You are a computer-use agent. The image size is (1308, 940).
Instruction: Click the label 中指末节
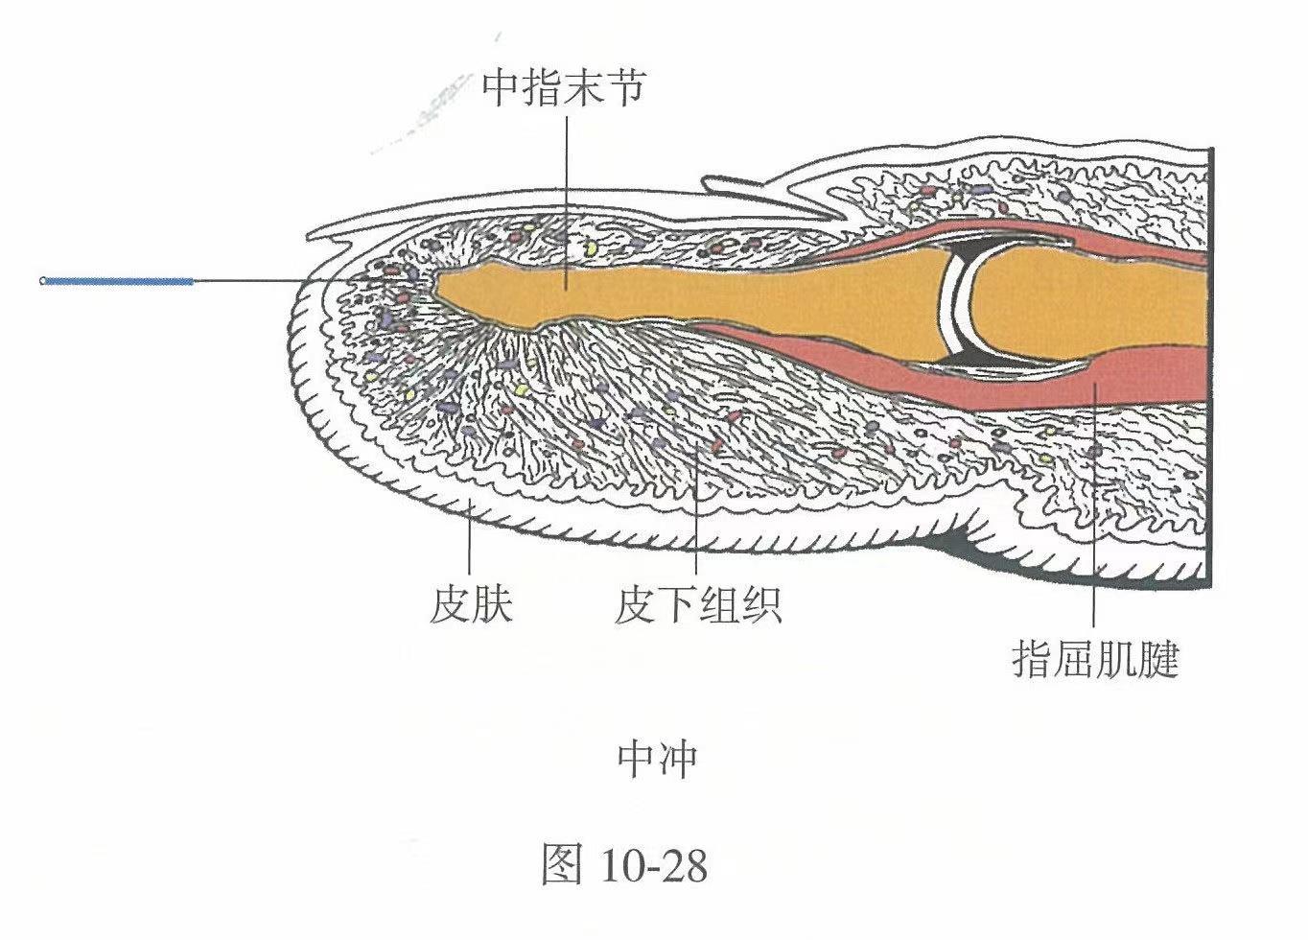click(564, 89)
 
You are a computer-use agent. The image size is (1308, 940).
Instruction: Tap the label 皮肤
click(471, 605)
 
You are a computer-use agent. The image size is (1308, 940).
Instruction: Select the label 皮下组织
click(698, 605)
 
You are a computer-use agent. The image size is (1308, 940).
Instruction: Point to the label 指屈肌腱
click(1095, 660)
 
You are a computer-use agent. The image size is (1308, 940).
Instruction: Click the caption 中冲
click(658, 760)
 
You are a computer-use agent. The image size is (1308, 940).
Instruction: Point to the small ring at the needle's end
click(42, 281)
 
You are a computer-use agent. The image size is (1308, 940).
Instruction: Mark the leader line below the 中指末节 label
click(567, 202)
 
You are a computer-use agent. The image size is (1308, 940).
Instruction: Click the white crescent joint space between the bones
click(958, 307)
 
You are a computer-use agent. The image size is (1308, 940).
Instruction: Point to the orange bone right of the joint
click(1086, 305)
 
